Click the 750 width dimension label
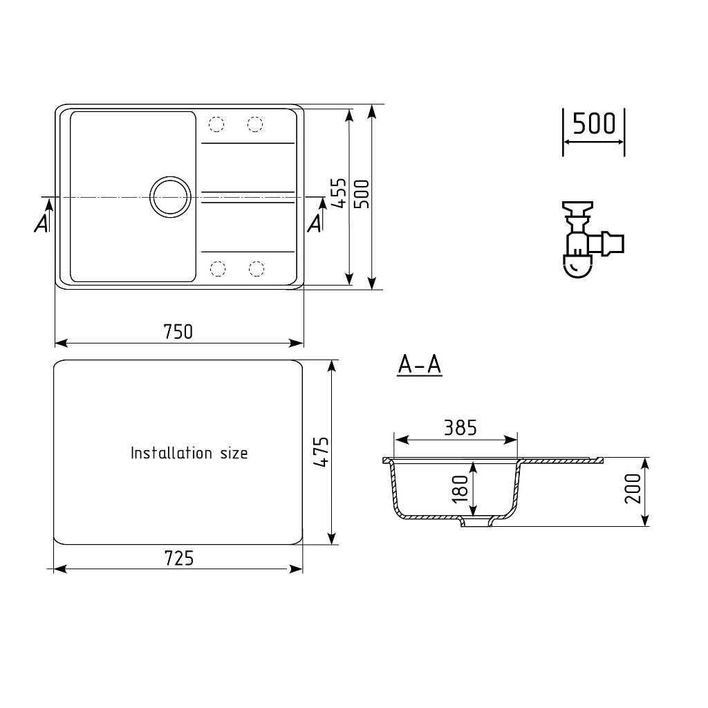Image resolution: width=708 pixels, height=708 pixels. pos(178,332)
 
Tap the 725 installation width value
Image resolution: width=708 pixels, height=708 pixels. pos(179,559)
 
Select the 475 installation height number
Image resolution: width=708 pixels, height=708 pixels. pos(321,451)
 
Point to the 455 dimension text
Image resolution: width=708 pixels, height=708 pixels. pos(338,194)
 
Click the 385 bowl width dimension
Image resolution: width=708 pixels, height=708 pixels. pos(460,428)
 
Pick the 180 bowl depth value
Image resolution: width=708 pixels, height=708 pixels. pos(460,489)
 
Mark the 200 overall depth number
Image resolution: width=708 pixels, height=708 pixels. pos(633,489)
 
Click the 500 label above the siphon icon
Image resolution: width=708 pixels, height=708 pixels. pos(594,123)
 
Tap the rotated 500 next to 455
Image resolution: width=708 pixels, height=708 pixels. pos(361,194)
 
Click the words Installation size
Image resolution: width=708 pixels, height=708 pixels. pos(189,453)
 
